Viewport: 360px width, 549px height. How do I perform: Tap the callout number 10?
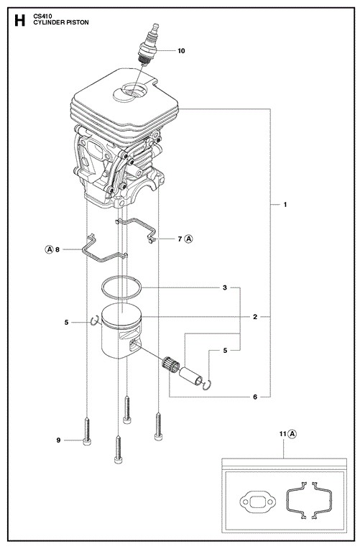pos(181,51)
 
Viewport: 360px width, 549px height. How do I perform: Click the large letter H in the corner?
pos(20,21)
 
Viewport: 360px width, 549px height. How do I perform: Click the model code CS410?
pos(42,16)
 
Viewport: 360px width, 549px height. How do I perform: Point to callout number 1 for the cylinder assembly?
pos(285,204)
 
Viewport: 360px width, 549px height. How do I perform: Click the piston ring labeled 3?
pos(121,287)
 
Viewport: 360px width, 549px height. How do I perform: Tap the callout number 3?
pos(225,287)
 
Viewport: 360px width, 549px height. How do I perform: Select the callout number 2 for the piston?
pos(255,317)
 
